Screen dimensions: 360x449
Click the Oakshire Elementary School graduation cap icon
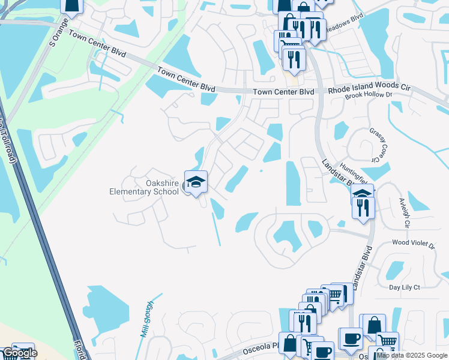[196, 181]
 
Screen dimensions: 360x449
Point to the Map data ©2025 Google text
[412, 356]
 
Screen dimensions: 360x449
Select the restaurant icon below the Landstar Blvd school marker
[363, 207]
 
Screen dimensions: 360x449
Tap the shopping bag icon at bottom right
[374, 325]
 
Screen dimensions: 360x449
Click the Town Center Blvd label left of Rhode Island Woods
[283, 92]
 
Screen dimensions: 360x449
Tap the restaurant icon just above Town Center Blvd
[294, 58]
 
